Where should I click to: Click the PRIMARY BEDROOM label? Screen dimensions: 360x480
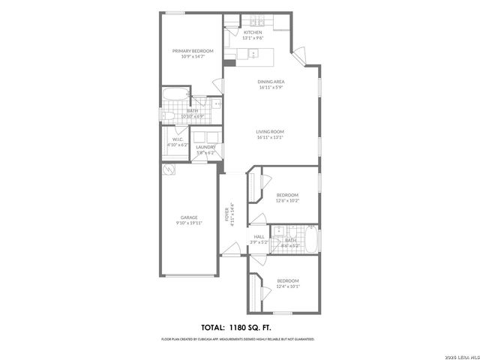[x=193, y=50]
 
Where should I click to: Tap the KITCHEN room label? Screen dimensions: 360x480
[x=253, y=33]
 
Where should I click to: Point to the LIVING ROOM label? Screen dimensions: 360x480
[x=271, y=131]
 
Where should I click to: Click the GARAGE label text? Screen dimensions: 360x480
[x=189, y=217]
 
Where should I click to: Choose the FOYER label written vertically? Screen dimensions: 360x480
[x=226, y=214]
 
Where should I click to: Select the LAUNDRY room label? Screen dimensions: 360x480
[x=205, y=146]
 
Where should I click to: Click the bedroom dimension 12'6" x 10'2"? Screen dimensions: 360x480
[x=287, y=200]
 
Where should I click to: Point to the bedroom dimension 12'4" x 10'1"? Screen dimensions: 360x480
[x=287, y=286]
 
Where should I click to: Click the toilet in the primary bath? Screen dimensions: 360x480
[x=215, y=104]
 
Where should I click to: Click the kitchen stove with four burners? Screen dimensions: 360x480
[x=259, y=21]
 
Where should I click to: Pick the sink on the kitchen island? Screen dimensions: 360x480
[x=253, y=53]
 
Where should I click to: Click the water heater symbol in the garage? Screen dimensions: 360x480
[x=169, y=170]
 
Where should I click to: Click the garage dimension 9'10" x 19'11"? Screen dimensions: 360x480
[x=189, y=223]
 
